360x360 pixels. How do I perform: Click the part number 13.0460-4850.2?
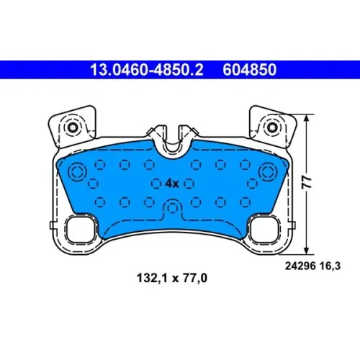[147, 70]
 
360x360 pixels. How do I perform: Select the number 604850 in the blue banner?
[250, 70]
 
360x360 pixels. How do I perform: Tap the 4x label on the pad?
[172, 184]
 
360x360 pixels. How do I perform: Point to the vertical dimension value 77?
[307, 182]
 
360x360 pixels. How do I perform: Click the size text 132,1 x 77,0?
[172, 279]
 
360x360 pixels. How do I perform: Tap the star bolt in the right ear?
[272, 127]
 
